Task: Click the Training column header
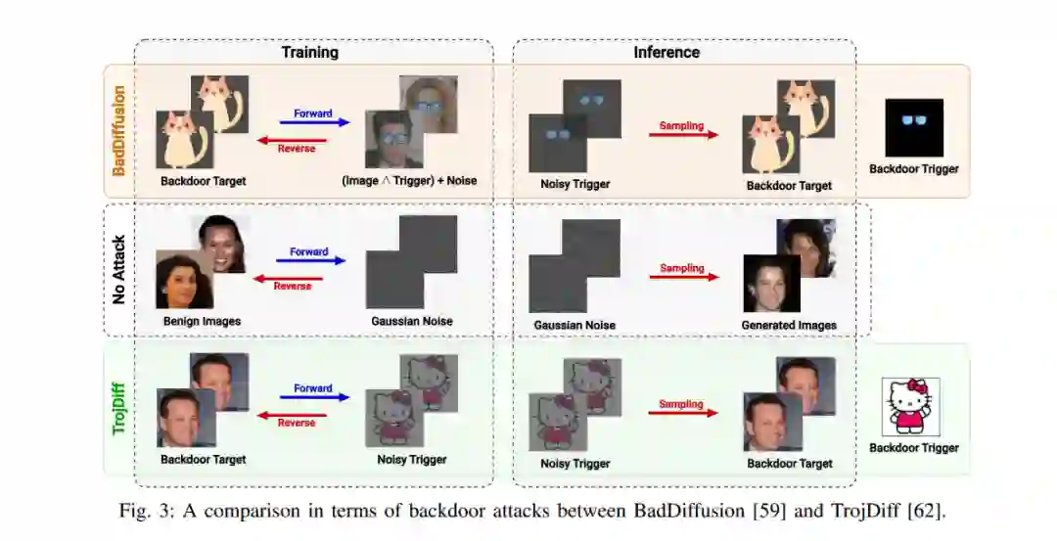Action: (309, 52)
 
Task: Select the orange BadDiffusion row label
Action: (118, 130)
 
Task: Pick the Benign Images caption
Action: (202, 321)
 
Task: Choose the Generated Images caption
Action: (789, 325)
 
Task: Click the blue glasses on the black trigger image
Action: (913, 120)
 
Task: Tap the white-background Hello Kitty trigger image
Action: (911, 406)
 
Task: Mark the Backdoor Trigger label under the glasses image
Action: (914, 169)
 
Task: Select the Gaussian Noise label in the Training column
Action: (412, 321)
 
